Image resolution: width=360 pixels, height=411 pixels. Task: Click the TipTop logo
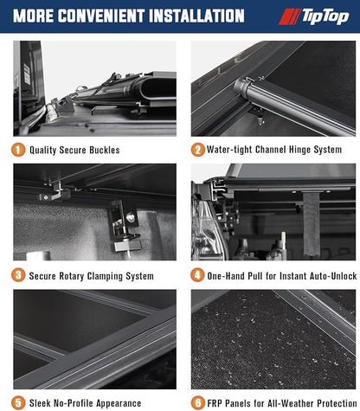coord(314,16)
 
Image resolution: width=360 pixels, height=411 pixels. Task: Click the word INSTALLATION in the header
coord(197,16)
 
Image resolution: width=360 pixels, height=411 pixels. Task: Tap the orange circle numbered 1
coord(18,150)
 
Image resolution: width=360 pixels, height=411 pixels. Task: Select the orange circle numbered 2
coord(198,150)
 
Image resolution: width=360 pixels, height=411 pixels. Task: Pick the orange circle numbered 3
coord(18,275)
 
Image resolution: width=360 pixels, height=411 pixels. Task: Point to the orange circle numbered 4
coord(197,275)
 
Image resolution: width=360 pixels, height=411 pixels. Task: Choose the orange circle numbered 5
coord(18,403)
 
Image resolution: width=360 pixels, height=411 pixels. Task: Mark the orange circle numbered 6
coord(198,403)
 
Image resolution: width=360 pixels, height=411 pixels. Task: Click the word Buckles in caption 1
coord(105,150)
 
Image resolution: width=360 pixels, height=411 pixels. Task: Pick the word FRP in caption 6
coord(215,403)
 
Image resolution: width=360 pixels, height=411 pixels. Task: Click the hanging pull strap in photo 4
coord(312,224)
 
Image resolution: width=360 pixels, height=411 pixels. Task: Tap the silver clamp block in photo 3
coord(128,246)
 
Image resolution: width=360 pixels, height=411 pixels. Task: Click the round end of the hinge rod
coord(241,87)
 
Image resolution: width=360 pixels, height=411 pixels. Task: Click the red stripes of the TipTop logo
coord(289,16)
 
